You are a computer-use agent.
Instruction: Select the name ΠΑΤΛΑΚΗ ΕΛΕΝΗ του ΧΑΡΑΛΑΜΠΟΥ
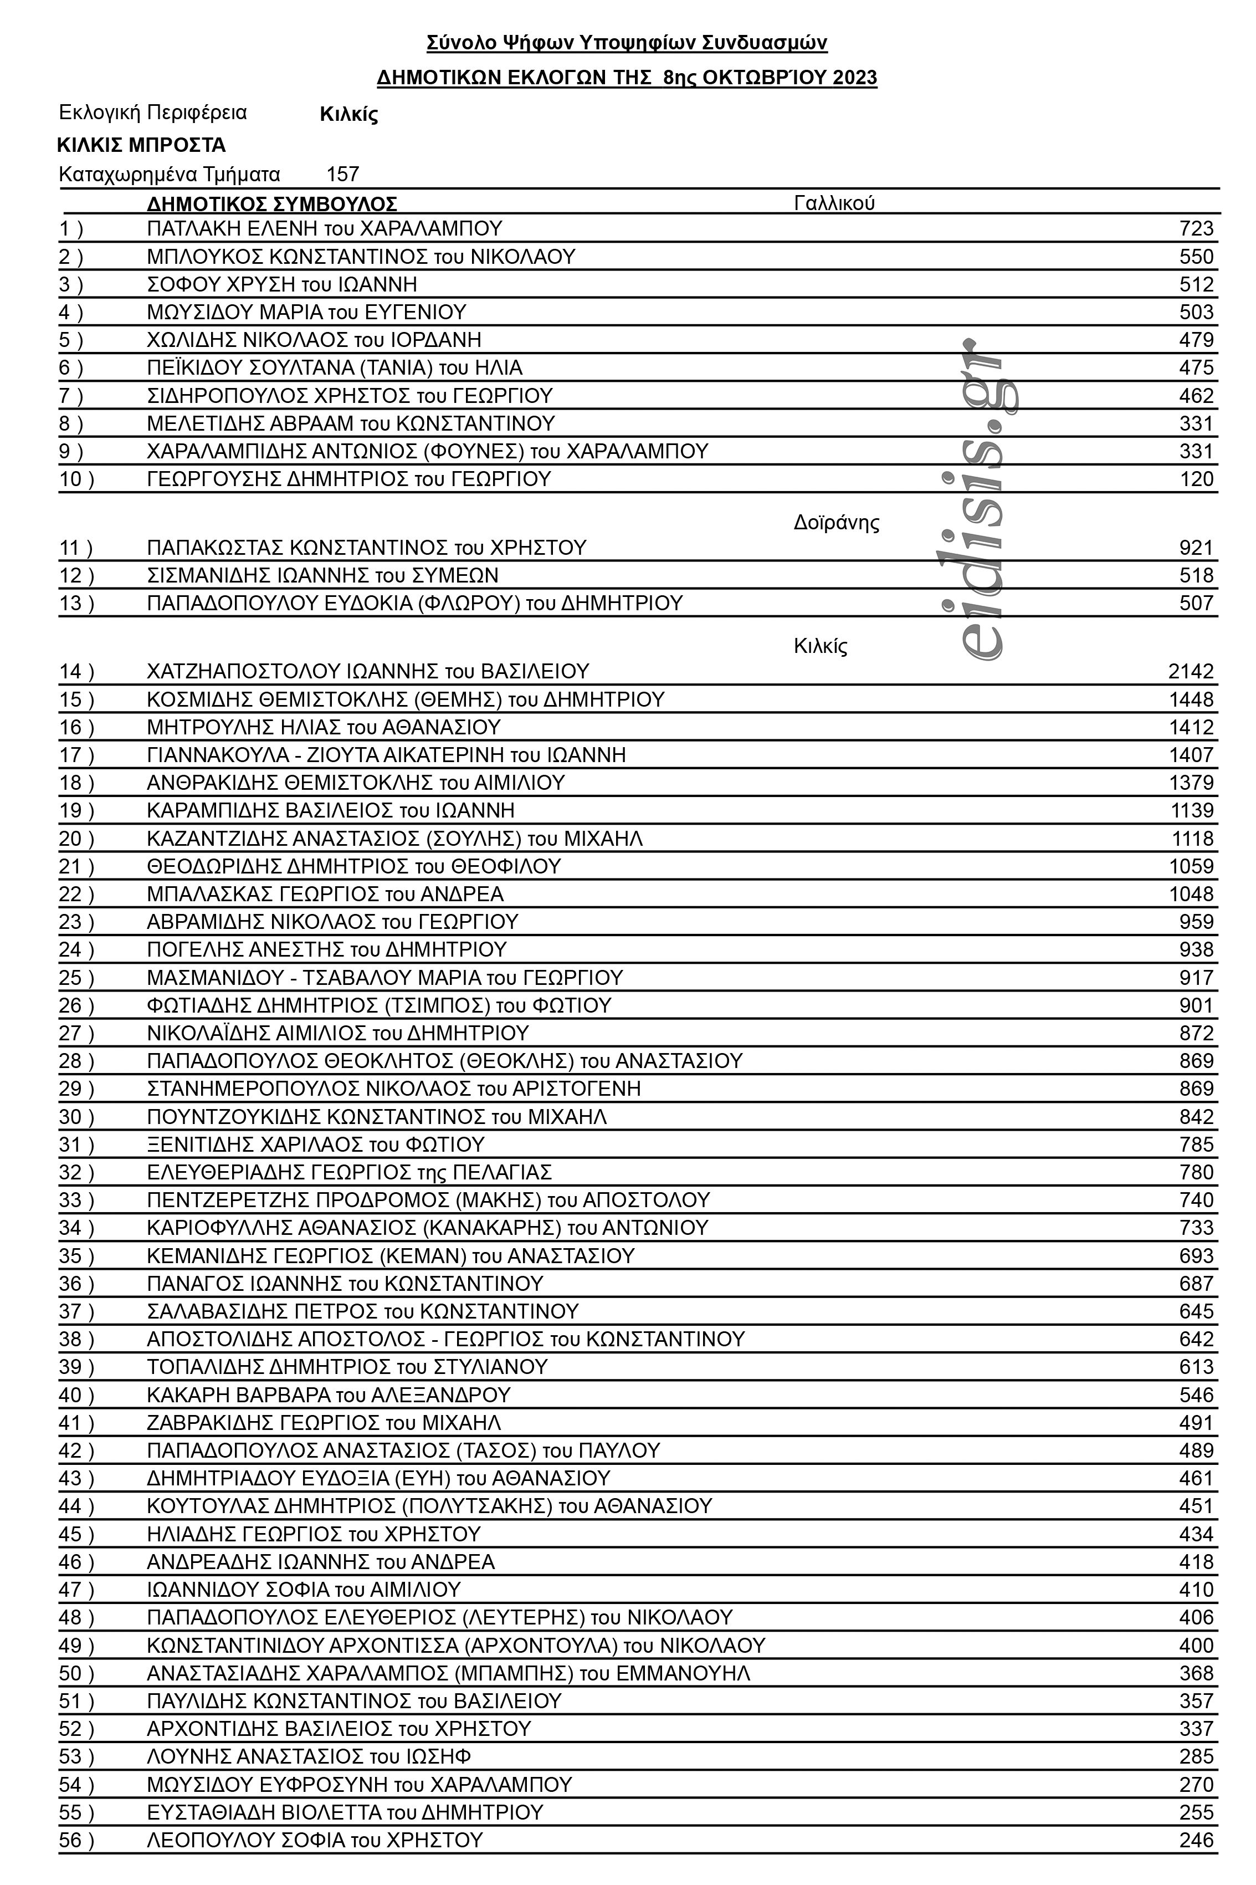coord(325,228)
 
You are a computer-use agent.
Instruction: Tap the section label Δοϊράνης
coord(835,523)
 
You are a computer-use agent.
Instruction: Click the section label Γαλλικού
coord(834,203)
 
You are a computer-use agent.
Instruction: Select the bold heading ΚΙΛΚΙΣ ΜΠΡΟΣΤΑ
coord(141,145)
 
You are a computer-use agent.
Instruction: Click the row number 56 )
coord(76,1840)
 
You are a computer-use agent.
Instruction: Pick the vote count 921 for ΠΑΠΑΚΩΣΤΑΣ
coord(1196,548)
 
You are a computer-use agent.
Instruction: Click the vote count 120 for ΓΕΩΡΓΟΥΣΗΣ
coord(1196,479)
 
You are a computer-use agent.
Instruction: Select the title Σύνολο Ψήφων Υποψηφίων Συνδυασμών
coord(627,43)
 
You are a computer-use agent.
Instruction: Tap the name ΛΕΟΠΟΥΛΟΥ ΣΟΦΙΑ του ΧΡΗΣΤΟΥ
coord(315,1840)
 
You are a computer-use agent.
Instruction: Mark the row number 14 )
coord(76,671)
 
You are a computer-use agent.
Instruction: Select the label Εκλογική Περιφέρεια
coord(153,112)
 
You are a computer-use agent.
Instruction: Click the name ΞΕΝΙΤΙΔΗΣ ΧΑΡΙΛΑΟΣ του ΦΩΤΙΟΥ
coord(316,1144)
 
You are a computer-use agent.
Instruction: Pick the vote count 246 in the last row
coord(1196,1840)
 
